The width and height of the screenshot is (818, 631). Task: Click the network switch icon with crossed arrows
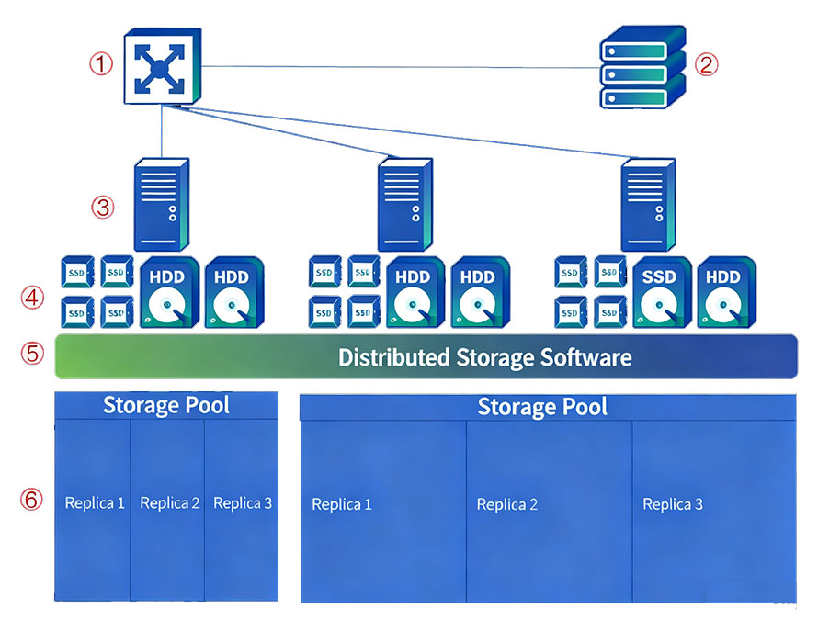tap(161, 66)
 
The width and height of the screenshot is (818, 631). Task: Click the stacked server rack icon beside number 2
tap(642, 68)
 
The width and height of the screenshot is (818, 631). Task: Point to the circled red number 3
tap(102, 207)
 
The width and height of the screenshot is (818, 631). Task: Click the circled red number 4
tap(32, 298)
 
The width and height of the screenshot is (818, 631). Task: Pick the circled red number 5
tap(32, 355)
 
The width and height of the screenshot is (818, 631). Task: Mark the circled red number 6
tap(32, 500)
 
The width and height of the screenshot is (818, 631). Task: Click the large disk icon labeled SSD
tap(659, 294)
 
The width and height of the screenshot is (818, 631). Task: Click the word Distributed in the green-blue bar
tap(393, 356)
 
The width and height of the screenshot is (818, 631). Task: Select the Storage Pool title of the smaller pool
tap(165, 405)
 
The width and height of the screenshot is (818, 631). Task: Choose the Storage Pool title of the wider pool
tap(542, 407)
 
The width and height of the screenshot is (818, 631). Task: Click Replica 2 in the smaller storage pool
tap(169, 503)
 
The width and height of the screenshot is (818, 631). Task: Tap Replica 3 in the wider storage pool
tap(673, 504)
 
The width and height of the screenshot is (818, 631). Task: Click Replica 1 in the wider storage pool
tap(342, 504)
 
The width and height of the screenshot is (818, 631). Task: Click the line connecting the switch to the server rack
tap(395, 67)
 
